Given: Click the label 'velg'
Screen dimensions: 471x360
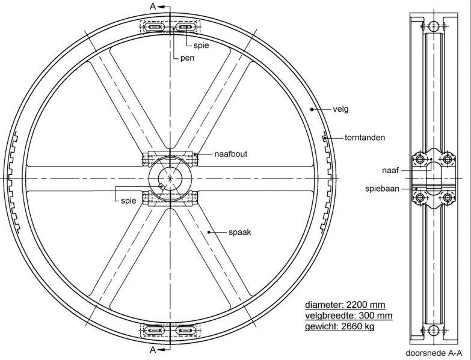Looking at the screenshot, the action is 340,109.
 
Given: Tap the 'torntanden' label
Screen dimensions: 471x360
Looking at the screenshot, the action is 365,138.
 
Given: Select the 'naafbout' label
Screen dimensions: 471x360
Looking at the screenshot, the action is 231,154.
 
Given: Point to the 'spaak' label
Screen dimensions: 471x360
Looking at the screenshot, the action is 239,232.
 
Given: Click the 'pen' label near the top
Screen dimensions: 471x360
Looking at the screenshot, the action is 188,58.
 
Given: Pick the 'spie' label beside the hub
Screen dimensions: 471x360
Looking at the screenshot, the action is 129,201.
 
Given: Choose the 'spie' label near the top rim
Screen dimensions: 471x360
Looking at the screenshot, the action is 202,46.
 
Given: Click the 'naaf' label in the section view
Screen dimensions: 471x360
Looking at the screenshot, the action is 390,171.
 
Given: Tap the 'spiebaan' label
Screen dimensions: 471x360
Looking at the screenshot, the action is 383,189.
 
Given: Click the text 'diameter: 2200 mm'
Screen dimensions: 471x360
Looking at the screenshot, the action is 345,305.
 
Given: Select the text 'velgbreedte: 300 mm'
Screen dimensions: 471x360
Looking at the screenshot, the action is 349,316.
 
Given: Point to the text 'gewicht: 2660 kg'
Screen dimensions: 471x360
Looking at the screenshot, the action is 340,326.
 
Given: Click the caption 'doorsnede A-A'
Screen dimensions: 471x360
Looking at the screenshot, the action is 434,353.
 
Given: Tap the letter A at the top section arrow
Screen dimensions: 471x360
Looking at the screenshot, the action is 153,6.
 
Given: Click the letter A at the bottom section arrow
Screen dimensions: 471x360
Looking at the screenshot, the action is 153,350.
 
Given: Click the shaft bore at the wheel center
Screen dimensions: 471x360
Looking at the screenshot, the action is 170,178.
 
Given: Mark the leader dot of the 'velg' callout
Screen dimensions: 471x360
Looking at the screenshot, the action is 312,109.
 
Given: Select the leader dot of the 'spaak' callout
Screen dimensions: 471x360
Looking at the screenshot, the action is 209,232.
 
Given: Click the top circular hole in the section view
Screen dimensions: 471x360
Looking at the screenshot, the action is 434,26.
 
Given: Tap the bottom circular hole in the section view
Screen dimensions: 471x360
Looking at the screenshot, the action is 434,331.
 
